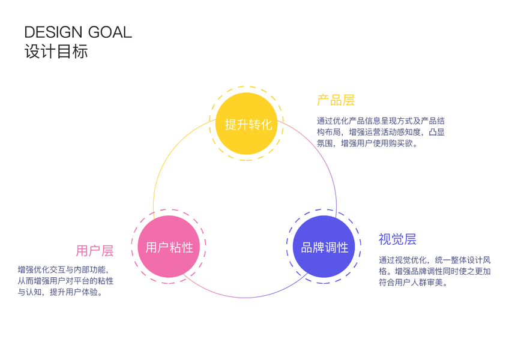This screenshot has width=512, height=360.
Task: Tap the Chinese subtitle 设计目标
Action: [56, 52]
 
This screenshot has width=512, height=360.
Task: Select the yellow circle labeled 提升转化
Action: [248, 124]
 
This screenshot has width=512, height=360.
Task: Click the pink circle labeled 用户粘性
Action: [169, 247]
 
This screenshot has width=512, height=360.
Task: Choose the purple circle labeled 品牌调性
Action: [324, 247]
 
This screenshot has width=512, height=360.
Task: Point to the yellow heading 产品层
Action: [336, 100]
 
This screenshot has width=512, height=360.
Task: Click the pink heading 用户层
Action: [94, 250]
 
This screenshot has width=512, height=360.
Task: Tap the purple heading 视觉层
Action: [397, 239]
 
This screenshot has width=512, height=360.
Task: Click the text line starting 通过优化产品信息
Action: [381, 121]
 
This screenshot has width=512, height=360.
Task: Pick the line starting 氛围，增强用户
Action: [367, 143]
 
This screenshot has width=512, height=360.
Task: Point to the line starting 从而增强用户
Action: [65, 281]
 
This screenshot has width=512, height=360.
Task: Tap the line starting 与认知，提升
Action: [59, 292]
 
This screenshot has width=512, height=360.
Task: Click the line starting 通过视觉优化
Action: [435, 260]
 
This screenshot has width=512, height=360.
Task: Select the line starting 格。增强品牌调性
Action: [435, 271]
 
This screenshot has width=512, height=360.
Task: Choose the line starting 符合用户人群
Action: [413, 282]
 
